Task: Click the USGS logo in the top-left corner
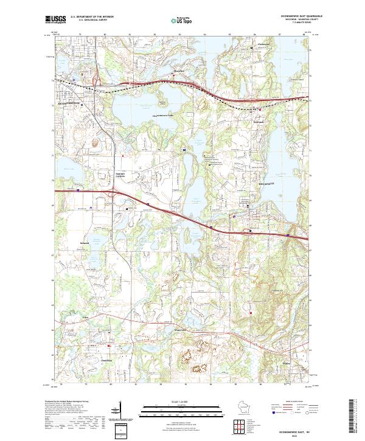pyautogui.click(x=54, y=19)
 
